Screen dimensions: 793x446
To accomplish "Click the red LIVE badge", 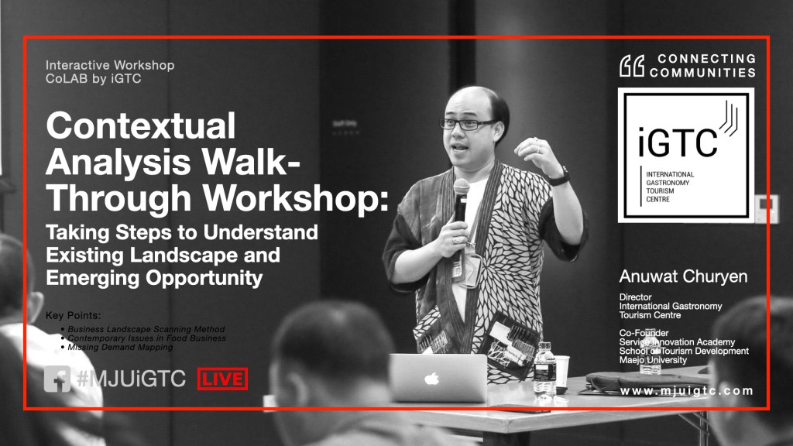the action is [222, 379].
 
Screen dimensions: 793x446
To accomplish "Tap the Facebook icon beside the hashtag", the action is [57, 379].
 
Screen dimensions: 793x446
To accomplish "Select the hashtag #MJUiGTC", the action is [132, 379].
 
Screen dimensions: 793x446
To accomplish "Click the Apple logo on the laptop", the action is [431, 378].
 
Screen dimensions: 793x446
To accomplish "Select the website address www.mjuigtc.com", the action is [687, 391].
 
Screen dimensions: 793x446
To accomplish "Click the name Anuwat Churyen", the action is [683, 276].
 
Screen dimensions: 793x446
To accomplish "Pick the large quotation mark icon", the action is [632, 66].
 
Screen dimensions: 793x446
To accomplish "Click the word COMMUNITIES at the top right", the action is [702, 72].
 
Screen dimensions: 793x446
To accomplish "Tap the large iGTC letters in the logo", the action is [678, 142].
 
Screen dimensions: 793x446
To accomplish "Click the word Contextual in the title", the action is [141, 125].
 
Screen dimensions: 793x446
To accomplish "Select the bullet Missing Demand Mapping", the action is [120, 348].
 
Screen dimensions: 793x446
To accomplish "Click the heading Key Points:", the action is [74, 316].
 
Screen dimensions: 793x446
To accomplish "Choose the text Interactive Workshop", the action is [110, 65].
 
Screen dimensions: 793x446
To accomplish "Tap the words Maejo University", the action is [653, 360].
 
